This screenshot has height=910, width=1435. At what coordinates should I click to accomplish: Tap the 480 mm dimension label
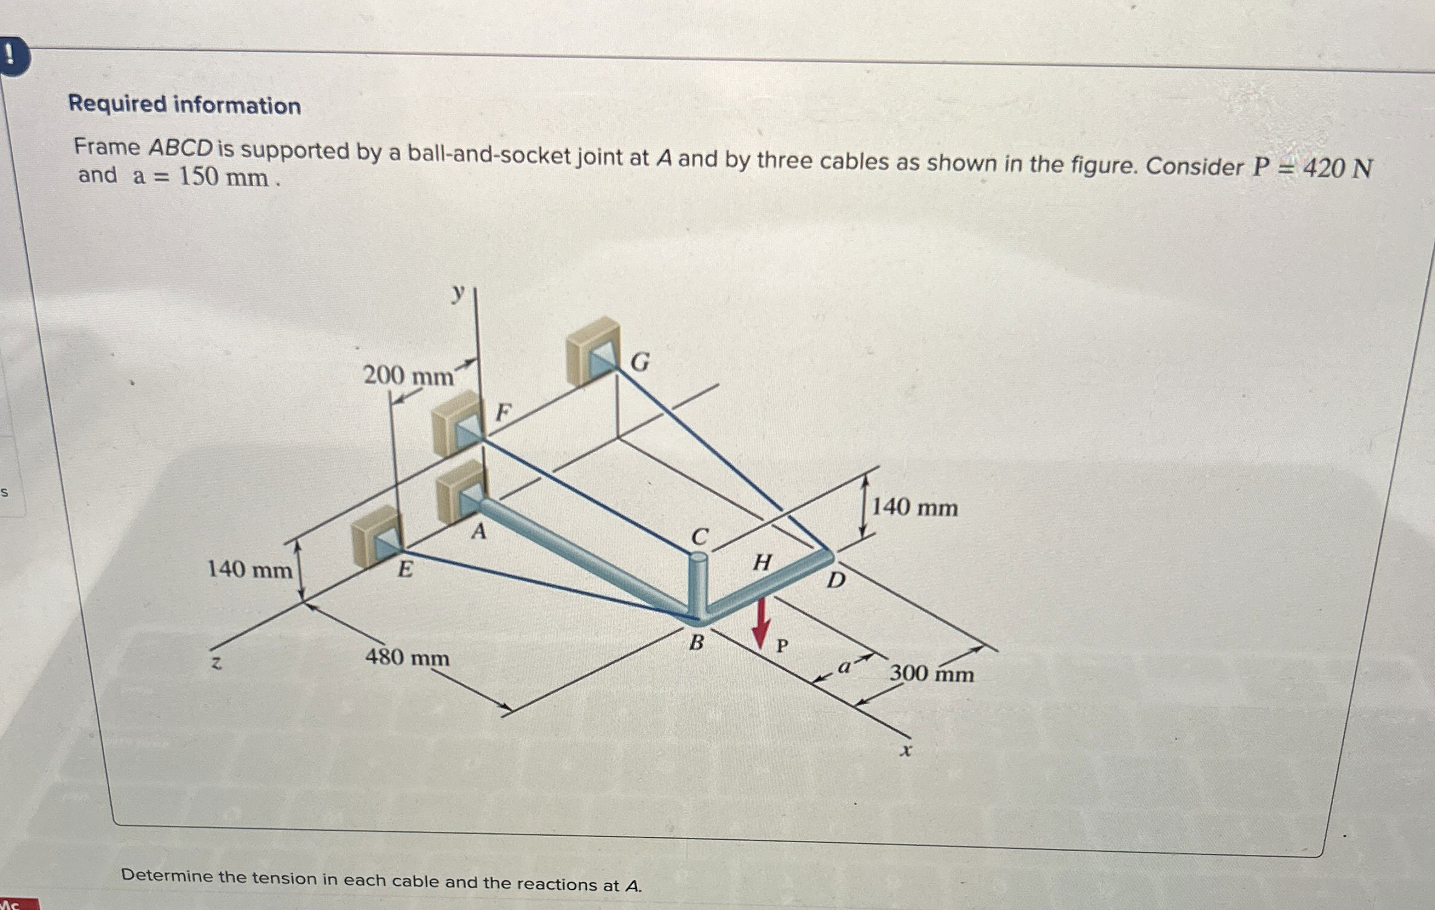point(407,657)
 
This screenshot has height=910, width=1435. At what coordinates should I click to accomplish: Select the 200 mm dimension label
point(408,376)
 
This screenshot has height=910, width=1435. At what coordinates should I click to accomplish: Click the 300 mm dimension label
point(931,673)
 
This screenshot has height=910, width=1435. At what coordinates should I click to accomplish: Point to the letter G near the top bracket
point(640,362)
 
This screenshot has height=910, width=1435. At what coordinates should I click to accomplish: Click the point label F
point(503,413)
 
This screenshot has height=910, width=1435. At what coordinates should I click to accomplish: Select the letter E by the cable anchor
point(404,569)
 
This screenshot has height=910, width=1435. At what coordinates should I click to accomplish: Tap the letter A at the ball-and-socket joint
point(479,532)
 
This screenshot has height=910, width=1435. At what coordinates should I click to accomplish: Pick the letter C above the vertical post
point(699,536)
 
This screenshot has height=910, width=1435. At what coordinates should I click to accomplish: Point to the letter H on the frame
point(762,562)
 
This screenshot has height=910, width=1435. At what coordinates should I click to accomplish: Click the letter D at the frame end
point(836,580)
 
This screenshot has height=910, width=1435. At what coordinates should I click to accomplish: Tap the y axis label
point(459,294)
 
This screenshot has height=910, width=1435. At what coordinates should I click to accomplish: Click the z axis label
point(216,663)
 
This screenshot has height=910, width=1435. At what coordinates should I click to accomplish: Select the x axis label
point(905,751)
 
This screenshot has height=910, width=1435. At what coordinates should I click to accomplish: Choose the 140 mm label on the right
point(914,507)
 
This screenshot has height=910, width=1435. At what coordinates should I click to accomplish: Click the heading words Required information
point(185,105)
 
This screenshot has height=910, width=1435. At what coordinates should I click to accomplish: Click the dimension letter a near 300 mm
point(843,667)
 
